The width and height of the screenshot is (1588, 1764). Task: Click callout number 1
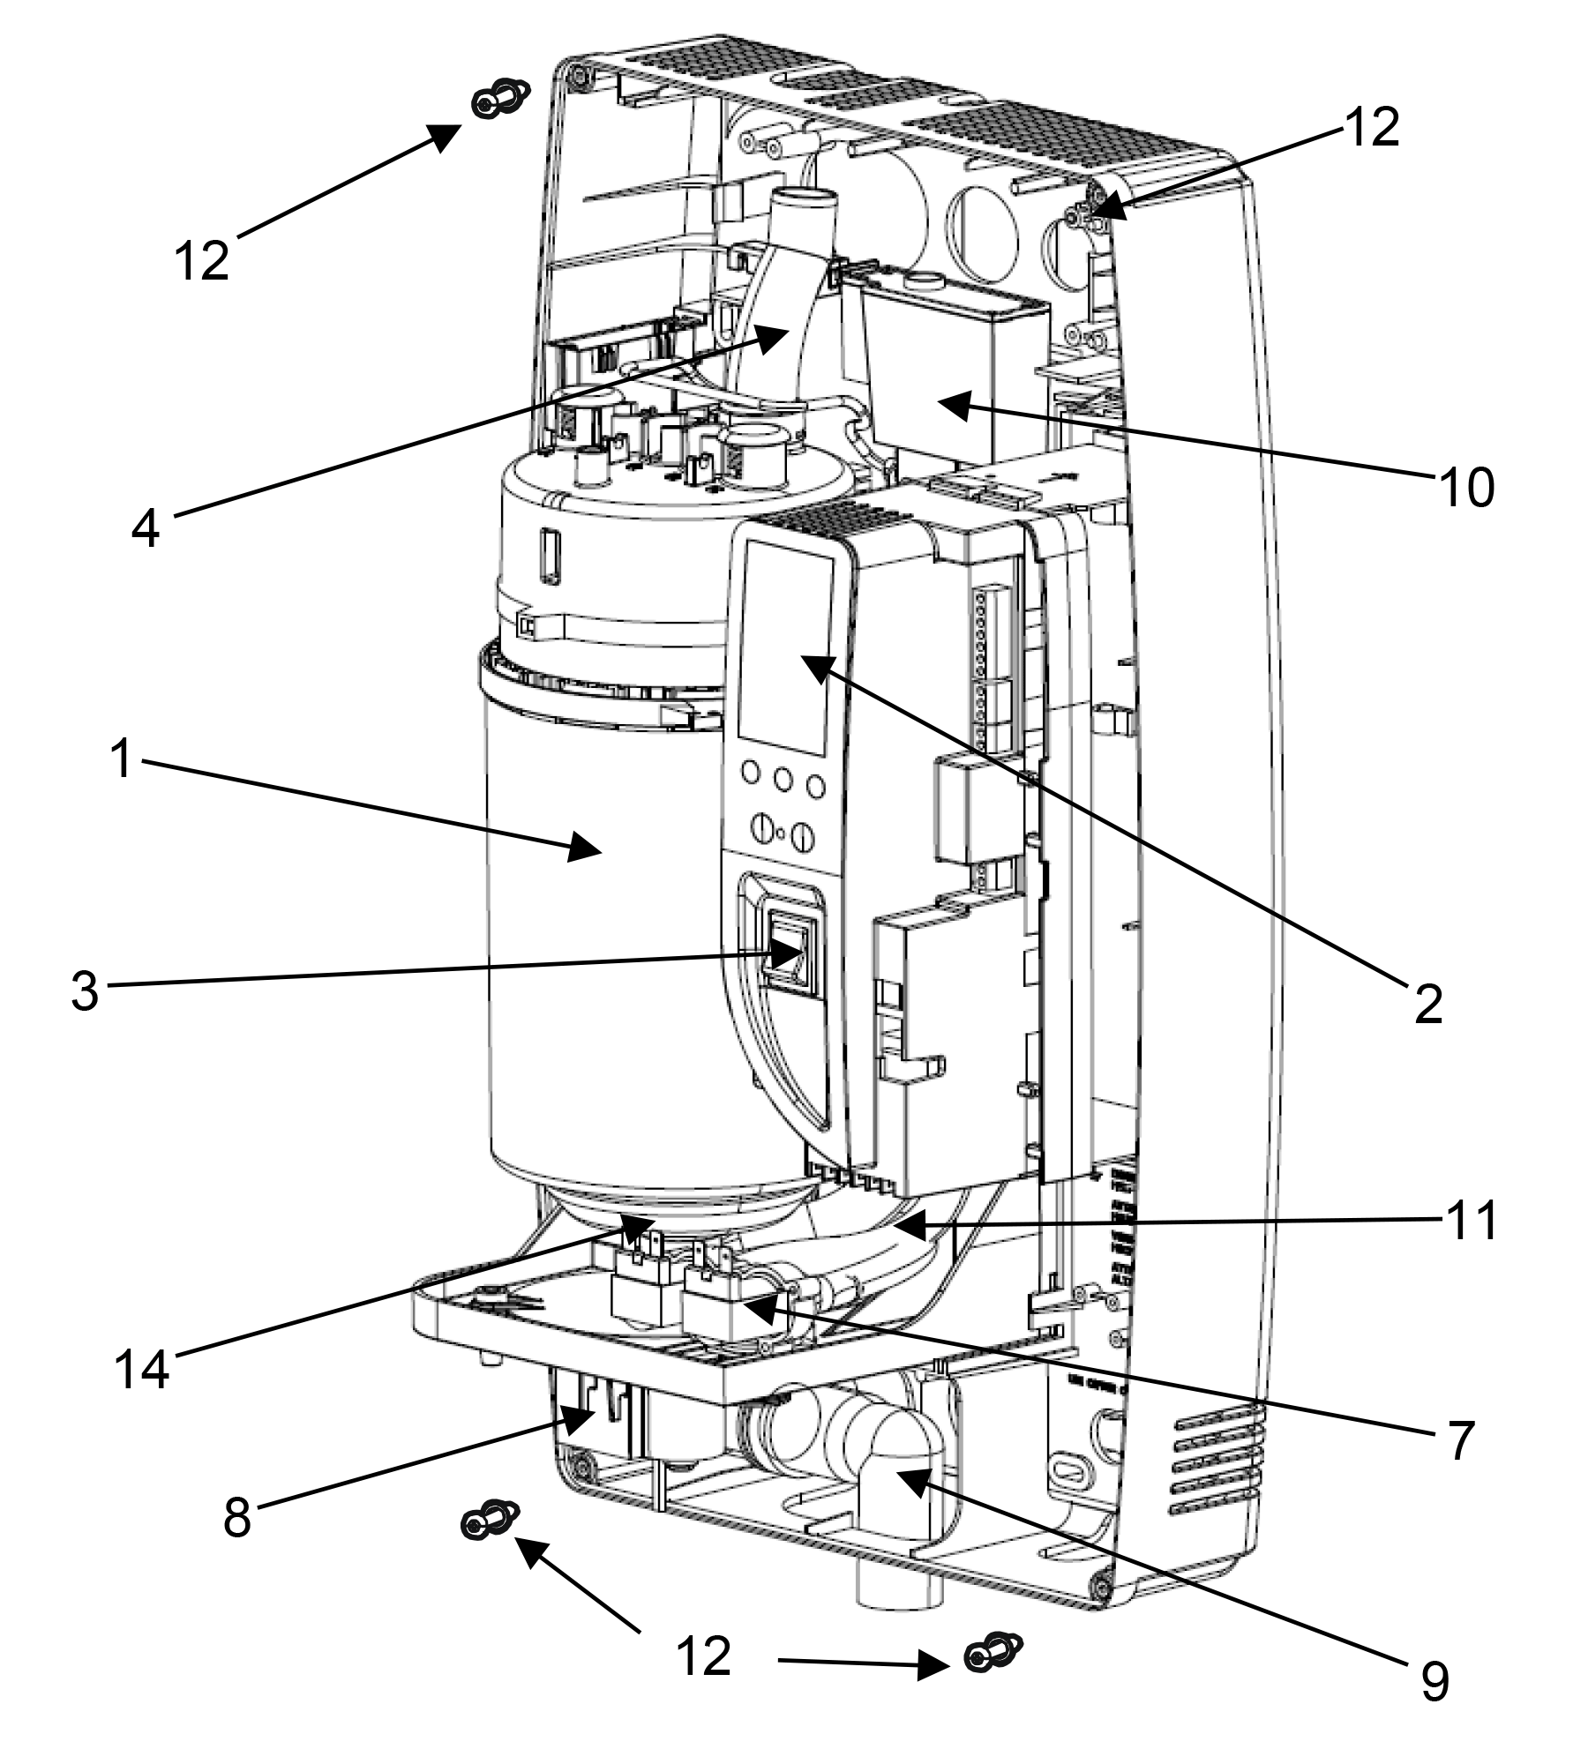pyautogui.click(x=122, y=759)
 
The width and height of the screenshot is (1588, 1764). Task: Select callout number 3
pyautogui.click(x=85, y=990)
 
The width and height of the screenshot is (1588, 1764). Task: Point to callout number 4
pyautogui.click(x=146, y=528)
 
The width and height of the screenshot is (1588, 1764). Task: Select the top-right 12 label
pyautogui.click(x=1372, y=128)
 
